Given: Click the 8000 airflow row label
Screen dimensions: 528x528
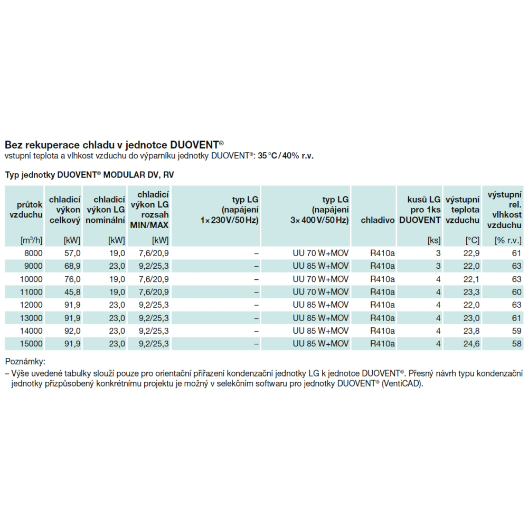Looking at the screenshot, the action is coord(33,253).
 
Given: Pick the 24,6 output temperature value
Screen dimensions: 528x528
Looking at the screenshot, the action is coord(471,344).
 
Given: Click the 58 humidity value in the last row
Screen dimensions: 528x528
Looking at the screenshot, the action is coord(516,344).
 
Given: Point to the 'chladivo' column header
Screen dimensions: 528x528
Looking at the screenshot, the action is coord(378,220).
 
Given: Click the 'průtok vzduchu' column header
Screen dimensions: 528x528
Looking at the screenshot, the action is coord(26,210).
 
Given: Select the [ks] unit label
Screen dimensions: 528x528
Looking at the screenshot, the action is coord(433,240).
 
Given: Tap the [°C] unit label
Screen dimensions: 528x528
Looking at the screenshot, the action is coord(472,240).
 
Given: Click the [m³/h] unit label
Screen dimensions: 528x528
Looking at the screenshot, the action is coord(31,240).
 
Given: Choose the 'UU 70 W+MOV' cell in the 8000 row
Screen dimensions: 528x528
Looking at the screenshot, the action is coord(320,253).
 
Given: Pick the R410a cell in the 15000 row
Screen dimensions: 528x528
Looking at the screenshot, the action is coord(382,344).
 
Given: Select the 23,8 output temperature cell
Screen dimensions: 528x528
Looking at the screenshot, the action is coord(471,331).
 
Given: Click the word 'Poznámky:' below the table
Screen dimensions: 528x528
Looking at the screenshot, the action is coord(25,362).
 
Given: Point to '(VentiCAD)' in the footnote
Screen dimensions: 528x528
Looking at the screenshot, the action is coord(402,383).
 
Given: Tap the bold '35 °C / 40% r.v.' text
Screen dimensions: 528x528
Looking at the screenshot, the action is coord(286,156).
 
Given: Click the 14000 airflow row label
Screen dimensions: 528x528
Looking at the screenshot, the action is coord(31,331).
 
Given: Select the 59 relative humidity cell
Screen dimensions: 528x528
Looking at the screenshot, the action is coord(516,331).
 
